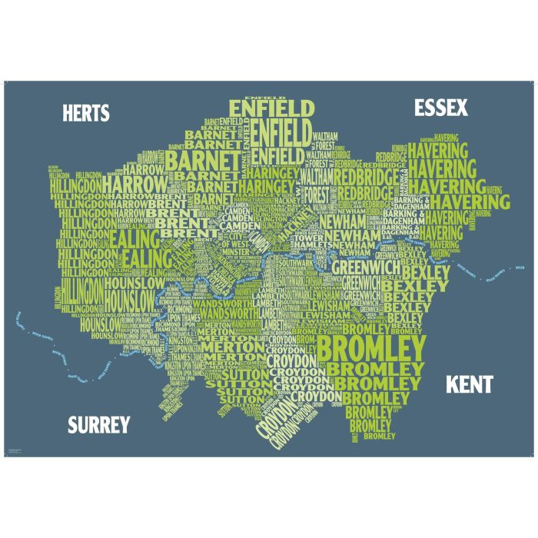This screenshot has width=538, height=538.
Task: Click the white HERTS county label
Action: pos(86,113)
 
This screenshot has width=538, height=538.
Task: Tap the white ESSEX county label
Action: pos(440,108)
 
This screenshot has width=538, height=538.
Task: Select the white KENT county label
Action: pos(469,384)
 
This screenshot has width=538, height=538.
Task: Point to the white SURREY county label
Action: pos(99,424)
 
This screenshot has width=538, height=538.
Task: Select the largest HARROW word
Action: pos(134,184)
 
